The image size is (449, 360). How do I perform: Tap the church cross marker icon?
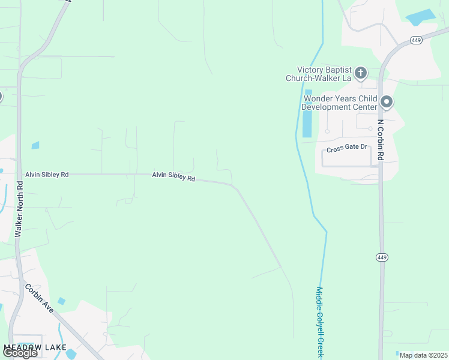(x=361, y=74)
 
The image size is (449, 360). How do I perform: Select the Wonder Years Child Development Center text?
(x=340, y=103)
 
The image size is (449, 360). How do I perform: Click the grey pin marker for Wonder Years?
(x=387, y=102)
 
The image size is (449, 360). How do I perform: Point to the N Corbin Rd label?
(x=381, y=140)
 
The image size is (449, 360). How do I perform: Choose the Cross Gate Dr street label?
(x=347, y=149)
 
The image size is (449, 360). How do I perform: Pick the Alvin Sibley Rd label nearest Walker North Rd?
(x=47, y=175)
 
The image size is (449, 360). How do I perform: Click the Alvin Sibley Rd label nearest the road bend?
(x=173, y=176)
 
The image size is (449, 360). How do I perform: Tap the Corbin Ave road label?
(x=40, y=297)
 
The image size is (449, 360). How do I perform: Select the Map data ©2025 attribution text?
(x=423, y=355)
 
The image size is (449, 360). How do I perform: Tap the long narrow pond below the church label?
(x=307, y=124)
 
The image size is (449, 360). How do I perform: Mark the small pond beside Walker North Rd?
(x=35, y=145)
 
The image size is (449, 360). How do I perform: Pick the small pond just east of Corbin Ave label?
(x=61, y=301)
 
